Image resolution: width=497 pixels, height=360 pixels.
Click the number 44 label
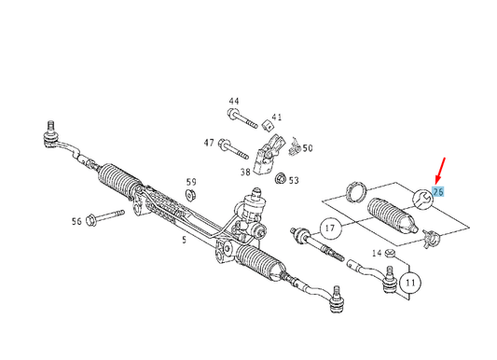[233, 101]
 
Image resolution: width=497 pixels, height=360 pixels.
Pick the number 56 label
[76, 221]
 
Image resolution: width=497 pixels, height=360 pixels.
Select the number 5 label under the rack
[185, 239]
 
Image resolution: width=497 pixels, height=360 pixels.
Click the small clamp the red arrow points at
[421, 199]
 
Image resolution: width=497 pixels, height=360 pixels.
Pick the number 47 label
[209, 143]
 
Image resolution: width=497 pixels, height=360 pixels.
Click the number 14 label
[378, 254]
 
